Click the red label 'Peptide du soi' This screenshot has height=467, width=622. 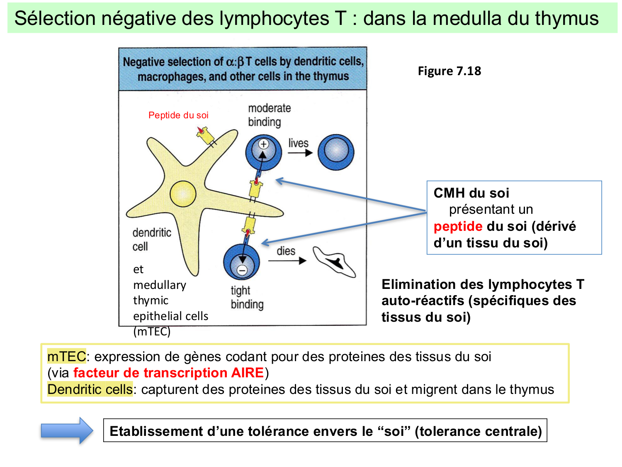[x=178, y=115]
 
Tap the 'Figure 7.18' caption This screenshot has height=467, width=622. [x=449, y=71]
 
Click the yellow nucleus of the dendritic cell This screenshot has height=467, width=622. [x=182, y=194]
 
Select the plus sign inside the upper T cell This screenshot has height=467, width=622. [x=263, y=144]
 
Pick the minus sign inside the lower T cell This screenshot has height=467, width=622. [x=242, y=270]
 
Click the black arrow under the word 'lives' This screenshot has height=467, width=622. [x=300, y=153]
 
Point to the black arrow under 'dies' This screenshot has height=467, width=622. [x=287, y=261]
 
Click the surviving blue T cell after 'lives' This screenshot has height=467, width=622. [x=336, y=152]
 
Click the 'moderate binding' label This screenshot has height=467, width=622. [x=269, y=115]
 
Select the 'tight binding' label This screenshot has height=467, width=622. [x=247, y=297]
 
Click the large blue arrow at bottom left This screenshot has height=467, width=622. [x=67, y=431]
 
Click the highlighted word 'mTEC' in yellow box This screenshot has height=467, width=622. [x=66, y=357]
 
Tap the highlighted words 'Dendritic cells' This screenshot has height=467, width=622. [x=90, y=389]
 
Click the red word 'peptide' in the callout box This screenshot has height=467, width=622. [x=458, y=226]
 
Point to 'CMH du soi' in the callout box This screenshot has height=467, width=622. [x=471, y=193]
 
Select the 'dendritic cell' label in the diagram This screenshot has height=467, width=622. [x=151, y=240]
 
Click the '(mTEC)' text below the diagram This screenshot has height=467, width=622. [x=152, y=332]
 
